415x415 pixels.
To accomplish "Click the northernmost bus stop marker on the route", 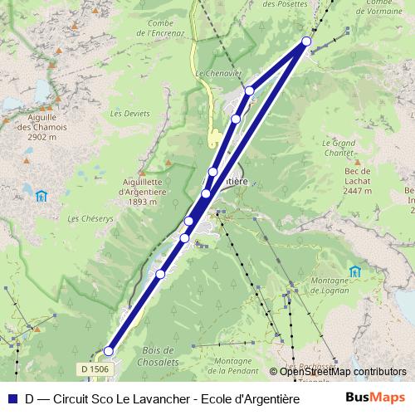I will coord(307,41).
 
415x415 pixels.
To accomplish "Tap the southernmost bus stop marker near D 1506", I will coord(108,351).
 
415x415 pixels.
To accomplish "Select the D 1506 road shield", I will coord(95,369).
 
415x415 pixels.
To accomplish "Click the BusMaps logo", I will coord(376,398).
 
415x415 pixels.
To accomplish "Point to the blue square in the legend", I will coord(12,398).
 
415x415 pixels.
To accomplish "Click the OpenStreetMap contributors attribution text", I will coord(343,372).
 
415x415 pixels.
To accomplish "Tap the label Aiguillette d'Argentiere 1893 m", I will coord(138,190).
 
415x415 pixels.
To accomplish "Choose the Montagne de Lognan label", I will coord(330,286).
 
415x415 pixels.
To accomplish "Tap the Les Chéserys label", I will coord(85,219).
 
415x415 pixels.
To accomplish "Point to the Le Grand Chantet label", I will coord(338,147).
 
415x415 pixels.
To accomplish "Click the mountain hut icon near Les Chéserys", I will coord(41,196).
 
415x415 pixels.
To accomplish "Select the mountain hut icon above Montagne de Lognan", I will coord(355,271).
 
